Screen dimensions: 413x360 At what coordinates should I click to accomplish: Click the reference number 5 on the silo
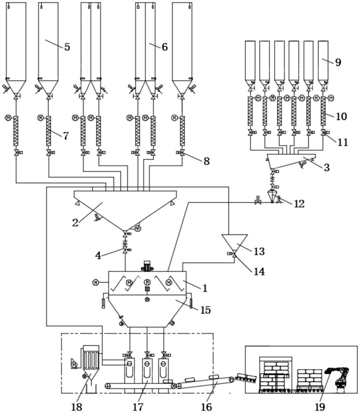[x=67, y=47]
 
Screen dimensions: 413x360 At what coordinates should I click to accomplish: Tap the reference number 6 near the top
[x=165, y=47]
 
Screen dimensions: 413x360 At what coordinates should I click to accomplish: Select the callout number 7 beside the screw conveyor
[x=66, y=136]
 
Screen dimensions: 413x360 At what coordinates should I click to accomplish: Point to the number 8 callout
[x=206, y=161]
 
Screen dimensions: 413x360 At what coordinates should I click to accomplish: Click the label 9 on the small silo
[x=338, y=62]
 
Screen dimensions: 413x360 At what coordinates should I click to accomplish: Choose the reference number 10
[x=341, y=116]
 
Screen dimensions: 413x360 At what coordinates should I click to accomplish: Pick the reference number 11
[x=343, y=143]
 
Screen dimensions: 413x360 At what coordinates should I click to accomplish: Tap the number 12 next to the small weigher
[x=299, y=204]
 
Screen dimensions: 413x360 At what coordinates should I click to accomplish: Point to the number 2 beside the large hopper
[x=75, y=223]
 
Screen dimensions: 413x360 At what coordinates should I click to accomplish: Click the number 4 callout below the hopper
[x=98, y=256]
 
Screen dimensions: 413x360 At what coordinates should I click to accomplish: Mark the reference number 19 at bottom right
[x=320, y=407]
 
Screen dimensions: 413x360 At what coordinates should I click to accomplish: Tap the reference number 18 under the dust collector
[x=76, y=407]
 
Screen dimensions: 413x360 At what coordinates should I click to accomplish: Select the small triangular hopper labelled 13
[x=234, y=242]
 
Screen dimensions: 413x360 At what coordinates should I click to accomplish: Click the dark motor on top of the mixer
[x=147, y=266]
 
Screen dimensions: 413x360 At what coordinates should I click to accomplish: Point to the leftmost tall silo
[x=16, y=41]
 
